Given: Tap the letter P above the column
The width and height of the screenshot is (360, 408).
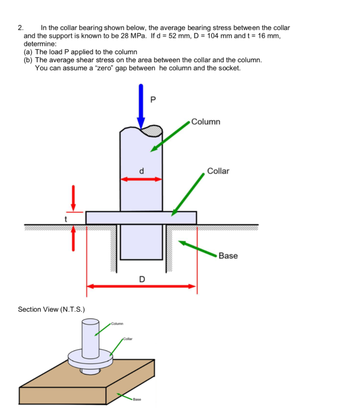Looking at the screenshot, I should pyautogui.click(x=153, y=99).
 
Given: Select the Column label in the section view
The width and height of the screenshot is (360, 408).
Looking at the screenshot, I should pyautogui.click(x=205, y=122).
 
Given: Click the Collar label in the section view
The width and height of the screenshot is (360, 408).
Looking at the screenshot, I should pyautogui.click(x=218, y=171).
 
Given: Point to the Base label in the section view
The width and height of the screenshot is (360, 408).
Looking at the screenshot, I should pyautogui.click(x=228, y=256).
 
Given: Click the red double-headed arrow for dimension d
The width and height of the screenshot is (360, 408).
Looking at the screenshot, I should pyautogui.click(x=141, y=179).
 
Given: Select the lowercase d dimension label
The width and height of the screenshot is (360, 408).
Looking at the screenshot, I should pyautogui.click(x=141, y=171).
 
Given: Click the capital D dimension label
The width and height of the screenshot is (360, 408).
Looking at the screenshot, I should pyautogui.click(x=142, y=279).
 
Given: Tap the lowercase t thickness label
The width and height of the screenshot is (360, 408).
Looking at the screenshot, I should pyautogui.click(x=67, y=219).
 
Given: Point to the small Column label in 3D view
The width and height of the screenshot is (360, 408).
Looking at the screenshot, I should pyautogui.click(x=118, y=323).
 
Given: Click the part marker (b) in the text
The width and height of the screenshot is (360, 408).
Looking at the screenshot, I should pyautogui.click(x=28, y=60).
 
